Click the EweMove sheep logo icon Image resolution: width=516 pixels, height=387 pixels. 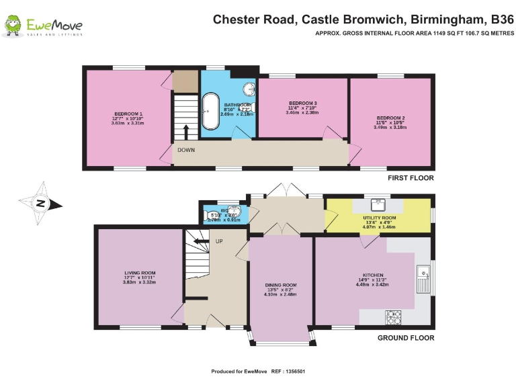tap(12, 26)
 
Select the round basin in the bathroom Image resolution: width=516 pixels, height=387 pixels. tap(249, 87)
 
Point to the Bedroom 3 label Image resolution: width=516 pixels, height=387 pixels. tap(302, 107)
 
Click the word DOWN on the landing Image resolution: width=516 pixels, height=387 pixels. tap(187, 150)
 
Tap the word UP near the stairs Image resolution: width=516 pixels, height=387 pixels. tap(219, 241)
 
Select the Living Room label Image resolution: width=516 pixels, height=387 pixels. tap(140, 277)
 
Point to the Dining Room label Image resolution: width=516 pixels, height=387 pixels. tap(280, 289)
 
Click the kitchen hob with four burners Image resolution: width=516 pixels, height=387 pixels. tap(392, 316)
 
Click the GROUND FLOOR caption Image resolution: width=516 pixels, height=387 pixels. tap(405, 338)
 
